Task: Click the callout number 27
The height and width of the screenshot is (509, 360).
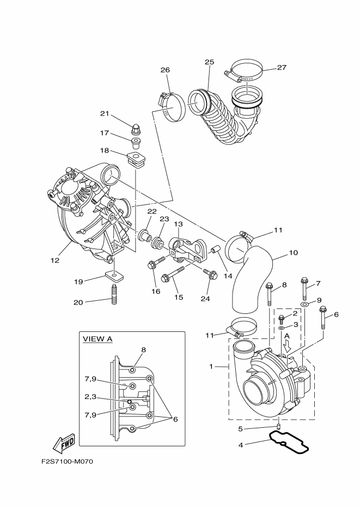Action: [282, 68]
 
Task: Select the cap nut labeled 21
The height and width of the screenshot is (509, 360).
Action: [136, 130]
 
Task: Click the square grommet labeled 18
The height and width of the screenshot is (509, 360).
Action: [136, 160]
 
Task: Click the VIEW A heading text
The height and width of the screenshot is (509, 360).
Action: [97, 339]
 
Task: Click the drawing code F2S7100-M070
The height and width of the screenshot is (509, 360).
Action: [68, 462]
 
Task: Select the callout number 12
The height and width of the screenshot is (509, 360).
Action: [54, 260]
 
